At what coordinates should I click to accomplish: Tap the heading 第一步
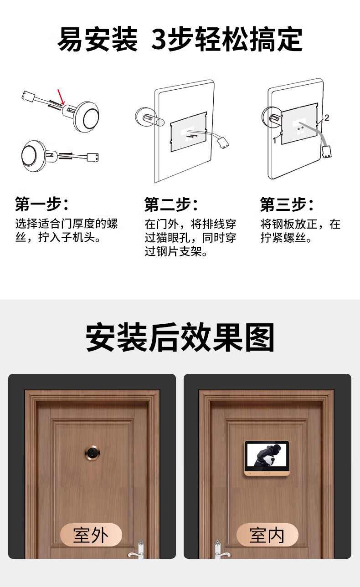41,204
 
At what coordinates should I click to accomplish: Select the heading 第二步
171,204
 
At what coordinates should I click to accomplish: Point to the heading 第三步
287,204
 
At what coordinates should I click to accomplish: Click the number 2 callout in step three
326,117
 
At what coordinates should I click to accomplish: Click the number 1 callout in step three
274,140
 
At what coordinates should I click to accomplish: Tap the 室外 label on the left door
91,536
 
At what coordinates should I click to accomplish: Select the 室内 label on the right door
267,536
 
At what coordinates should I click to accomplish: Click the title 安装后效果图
180,337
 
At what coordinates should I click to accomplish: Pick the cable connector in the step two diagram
223,143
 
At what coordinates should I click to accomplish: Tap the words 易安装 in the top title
98,39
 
